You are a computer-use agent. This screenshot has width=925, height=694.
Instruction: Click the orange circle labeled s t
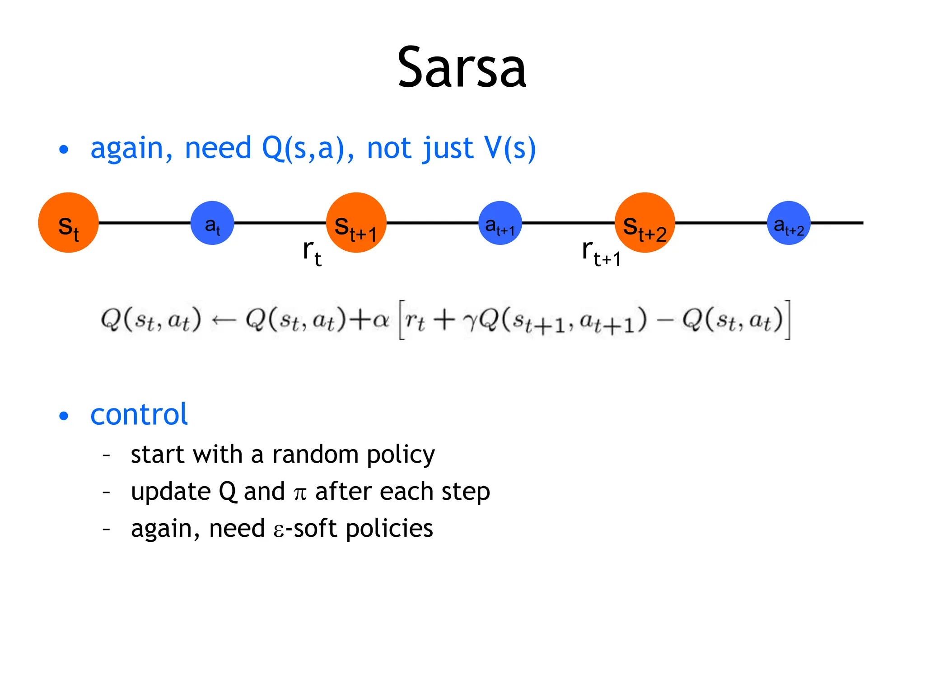[x=68, y=223]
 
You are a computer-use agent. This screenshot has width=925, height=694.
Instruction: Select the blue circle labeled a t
[x=212, y=223]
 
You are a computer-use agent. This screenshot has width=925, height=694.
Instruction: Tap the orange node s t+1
[x=356, y=223]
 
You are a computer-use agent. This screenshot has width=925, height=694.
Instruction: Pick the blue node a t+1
[x=500, y=223]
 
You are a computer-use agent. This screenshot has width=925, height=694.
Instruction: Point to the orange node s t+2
[x=645, y=223]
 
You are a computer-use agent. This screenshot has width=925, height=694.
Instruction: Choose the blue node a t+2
[x=789, y=223]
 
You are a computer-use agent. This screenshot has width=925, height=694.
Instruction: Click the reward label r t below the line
[x=312, y=253]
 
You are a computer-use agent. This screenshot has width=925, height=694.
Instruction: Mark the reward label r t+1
[x=601, y=253]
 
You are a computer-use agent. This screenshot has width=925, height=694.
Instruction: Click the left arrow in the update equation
[x=224, y=320]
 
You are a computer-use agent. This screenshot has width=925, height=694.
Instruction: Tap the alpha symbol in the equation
[x=381, y=320]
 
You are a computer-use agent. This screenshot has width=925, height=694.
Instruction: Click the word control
[x=139, y=414]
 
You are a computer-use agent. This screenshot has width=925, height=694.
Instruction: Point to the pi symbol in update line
[x=300, y=493]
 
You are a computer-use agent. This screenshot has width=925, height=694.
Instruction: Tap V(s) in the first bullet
[x=510, y=148]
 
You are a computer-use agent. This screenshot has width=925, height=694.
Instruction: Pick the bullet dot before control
[x=64, y=416]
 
